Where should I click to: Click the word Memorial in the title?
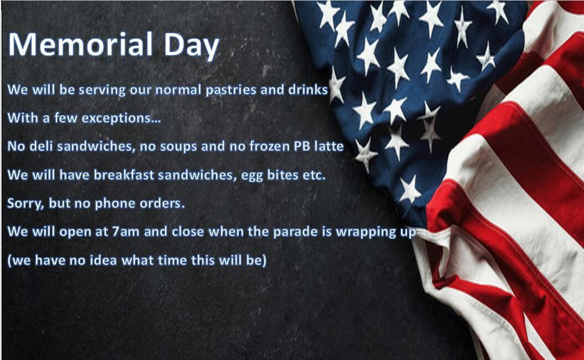pyautogui.click(x=80, y=44)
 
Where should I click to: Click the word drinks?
pyautogui.click(x=308, y=90)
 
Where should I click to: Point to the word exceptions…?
pyautogui.click(x=121, y=119)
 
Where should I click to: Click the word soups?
pyautogui.click(x=178, y=147)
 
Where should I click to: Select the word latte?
pyautogui.click(x=329, y=146)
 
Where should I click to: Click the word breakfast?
pyautogui.click(x=123, y=174)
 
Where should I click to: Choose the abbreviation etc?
pyautogui.click(x=314, y=175)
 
